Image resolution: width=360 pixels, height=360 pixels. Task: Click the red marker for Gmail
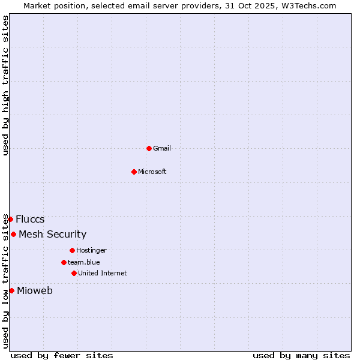pos(149,148)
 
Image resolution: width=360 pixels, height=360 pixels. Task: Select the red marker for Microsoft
pos(134,172)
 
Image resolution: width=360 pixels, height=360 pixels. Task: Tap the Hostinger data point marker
pos(72,250)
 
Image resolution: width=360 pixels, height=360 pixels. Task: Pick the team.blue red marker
pos(64,262)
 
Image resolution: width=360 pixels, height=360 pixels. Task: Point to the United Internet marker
pos(74,273)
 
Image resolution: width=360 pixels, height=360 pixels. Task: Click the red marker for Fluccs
pos(10,219)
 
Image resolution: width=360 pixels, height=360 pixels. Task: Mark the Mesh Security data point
pos(13,234)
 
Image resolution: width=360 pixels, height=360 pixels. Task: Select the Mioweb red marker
pos(11,290)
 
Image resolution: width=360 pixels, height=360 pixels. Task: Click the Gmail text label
pos(162,148)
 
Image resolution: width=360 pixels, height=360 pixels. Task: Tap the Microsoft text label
pos(152,172)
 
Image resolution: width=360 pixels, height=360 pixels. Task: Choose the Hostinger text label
pos(91,250)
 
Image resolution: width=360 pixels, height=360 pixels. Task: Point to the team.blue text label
pos(84,262)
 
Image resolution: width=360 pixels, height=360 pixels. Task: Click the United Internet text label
pos(103,273)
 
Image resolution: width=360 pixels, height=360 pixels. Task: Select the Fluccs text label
pos(30,219)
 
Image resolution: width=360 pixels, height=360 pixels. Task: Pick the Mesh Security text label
pos(53,234)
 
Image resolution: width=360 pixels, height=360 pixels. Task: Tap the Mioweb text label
pos(35,291)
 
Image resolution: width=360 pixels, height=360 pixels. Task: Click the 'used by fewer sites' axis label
pos(62,355)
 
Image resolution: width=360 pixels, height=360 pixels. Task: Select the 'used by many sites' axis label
pos(301,355)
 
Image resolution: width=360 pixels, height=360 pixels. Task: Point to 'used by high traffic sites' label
pos(5,85)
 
